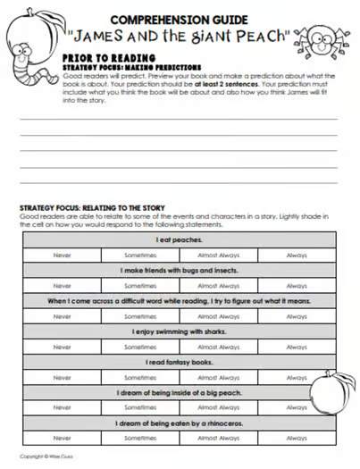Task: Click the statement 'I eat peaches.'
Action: point(178,239)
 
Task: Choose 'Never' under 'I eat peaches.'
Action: point(62,255)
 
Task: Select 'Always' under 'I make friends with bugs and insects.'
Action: point(297,286)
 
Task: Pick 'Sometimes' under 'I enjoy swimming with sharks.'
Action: point(140,347)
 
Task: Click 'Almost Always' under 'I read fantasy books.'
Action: point(219,377)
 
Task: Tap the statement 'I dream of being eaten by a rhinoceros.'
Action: point(178,423)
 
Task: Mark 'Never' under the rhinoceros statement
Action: point(62,439)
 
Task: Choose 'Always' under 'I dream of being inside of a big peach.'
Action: point(297,407)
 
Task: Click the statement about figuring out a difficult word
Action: point(178,301)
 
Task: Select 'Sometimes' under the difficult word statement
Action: point(140,316)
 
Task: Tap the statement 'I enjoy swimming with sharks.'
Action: point(178,331)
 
